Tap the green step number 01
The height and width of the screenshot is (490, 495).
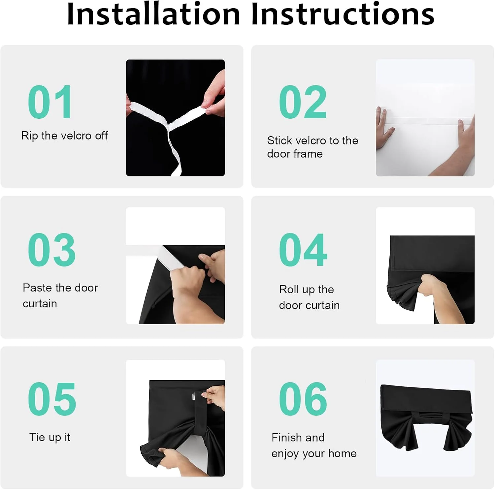(x=50, y=102)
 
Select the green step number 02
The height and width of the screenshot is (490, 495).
(x=303, y=102)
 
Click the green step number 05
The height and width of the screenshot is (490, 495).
(x=52, y=399)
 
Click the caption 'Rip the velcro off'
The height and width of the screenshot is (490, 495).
(x=65, y=136)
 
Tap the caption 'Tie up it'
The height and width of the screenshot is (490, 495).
(x=50, y=437)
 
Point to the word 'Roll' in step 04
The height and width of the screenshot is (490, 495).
(x=289, y=289)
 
